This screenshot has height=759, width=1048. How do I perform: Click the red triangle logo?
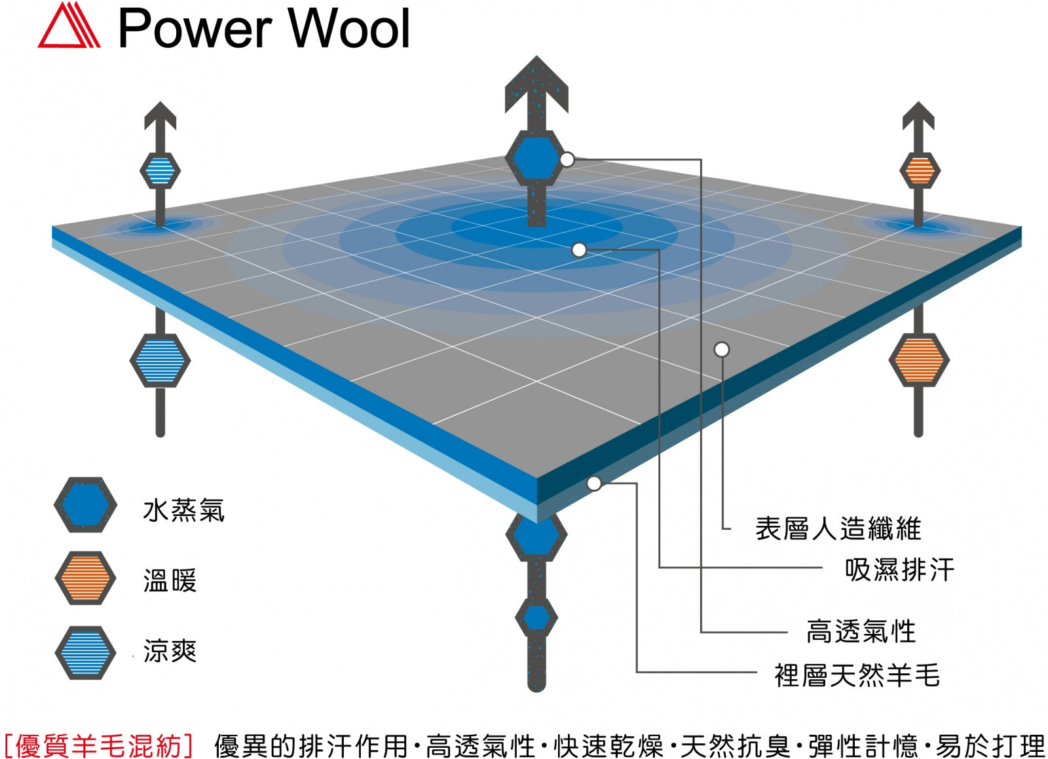click(69, 28)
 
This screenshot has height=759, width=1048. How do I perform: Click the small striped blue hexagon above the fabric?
click(160, 171)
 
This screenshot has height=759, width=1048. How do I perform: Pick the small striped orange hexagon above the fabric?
click(919, 171)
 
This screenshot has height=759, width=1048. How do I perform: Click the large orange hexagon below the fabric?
click(918, 360)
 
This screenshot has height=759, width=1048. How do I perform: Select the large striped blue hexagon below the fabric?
click(160, 360)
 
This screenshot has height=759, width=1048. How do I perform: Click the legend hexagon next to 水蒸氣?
click(85, 505)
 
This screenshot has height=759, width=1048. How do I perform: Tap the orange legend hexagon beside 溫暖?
click(85, 578)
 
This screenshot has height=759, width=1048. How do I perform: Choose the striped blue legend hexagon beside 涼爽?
click(85, 652)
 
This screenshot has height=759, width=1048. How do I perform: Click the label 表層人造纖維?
click(838, 528)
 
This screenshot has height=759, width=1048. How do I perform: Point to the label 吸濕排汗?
click(899, 569)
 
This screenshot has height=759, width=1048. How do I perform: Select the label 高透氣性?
click(861, 631)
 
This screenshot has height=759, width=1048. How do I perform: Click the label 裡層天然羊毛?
click(857, 675)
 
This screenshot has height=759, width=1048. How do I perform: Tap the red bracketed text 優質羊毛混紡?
click(98, 745)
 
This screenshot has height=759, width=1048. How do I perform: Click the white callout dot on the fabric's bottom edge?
click(594, 483)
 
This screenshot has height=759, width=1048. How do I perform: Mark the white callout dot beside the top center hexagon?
click(567, 159)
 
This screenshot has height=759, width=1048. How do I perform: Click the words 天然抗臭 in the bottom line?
click(735, 745)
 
